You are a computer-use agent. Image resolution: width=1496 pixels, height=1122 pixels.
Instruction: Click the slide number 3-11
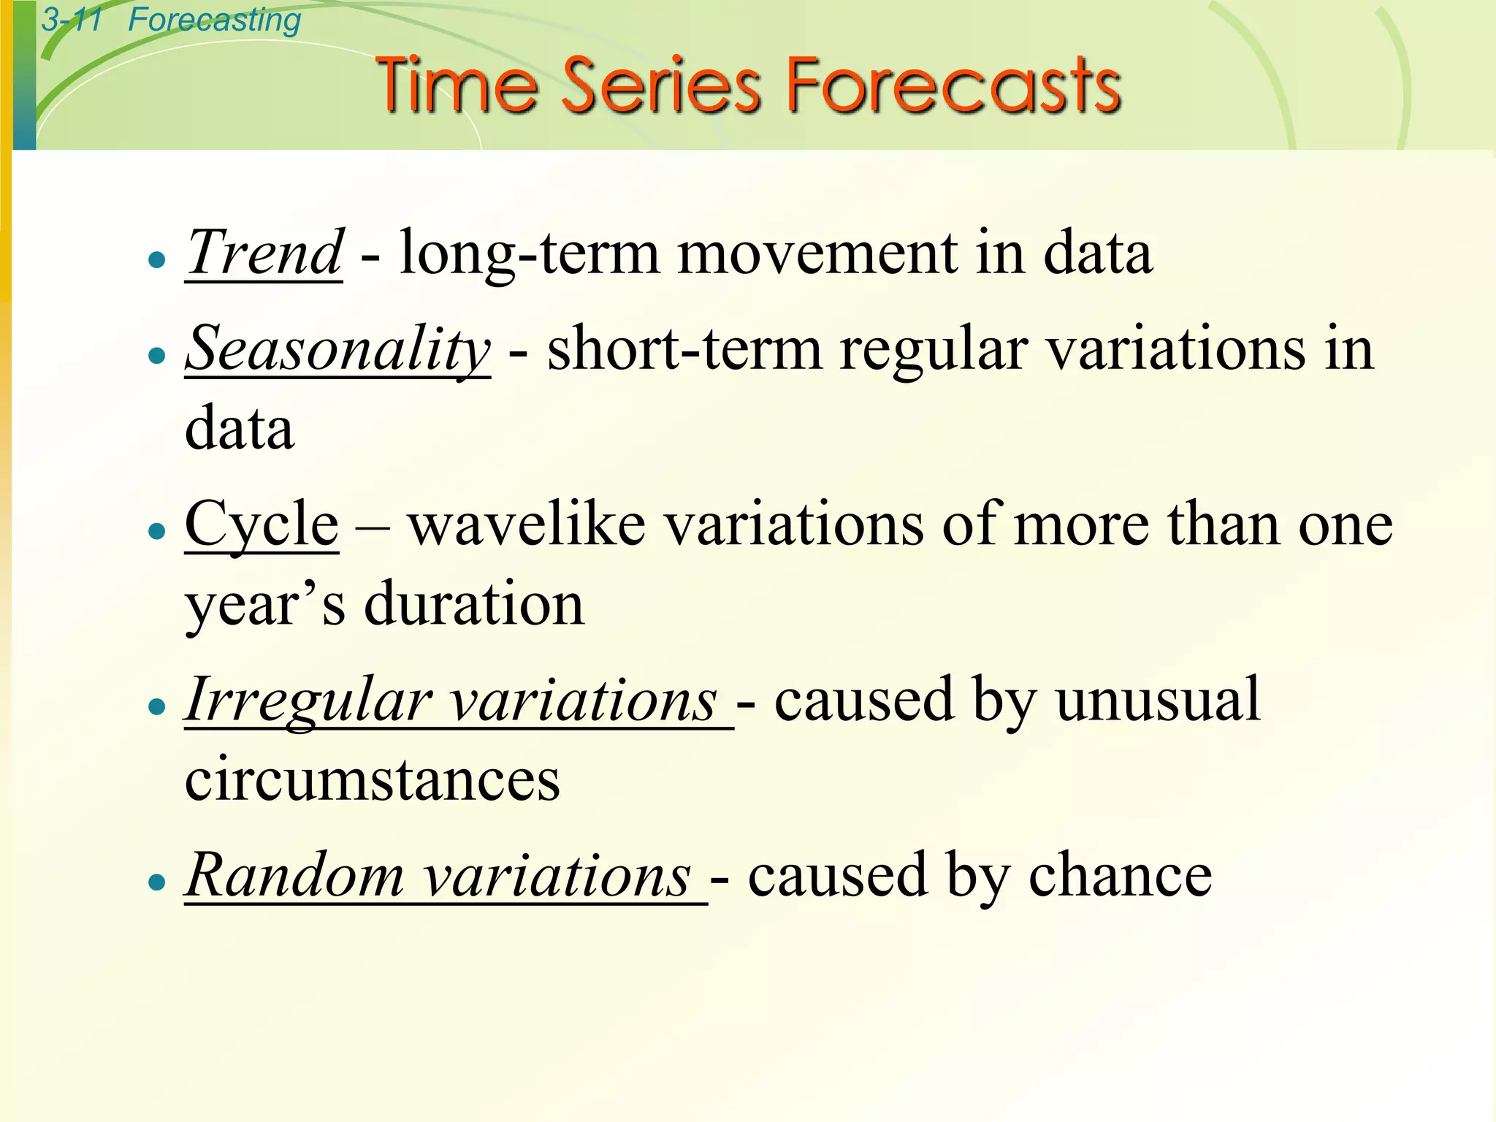(72, 20)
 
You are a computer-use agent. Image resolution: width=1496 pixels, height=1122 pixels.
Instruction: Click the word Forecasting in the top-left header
(214, 20)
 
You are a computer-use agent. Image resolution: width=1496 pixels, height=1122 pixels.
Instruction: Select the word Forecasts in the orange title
(953, 86)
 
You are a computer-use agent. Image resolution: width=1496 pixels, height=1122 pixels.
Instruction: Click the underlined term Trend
(264, 253)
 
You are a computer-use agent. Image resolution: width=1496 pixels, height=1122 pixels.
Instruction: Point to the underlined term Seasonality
(337, 349)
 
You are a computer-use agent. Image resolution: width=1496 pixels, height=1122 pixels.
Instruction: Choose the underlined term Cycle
(262, 524)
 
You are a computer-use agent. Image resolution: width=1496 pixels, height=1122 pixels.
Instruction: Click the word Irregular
(308, 701)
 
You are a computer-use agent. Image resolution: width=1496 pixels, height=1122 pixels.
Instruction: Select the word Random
(294, 875)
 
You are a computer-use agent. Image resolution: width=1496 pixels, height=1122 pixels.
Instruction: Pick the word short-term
(684, 349)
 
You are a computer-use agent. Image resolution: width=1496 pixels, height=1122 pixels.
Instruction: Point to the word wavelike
(526, 524)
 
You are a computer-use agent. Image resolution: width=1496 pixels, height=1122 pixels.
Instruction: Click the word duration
(474, 604)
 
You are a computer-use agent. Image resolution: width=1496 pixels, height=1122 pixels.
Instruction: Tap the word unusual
(1158, 700)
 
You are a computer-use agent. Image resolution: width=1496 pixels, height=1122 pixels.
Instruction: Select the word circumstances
(372, 779)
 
